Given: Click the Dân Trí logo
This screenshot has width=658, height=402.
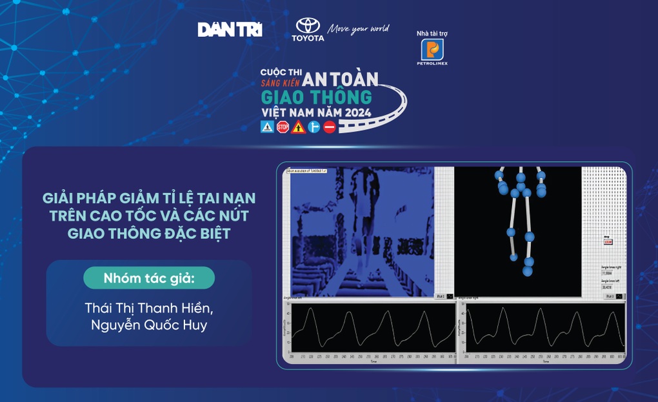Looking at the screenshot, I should click(x=230, y=29).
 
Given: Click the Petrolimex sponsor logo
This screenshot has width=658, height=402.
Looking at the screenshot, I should click(x=432, y=51).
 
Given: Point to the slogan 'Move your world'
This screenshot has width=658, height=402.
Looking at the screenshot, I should click(x=358, y=29).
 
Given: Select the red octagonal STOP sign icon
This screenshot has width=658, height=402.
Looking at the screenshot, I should click(x=283, y=126).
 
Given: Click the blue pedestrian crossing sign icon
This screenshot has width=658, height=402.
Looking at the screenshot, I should click(x=267, y=126).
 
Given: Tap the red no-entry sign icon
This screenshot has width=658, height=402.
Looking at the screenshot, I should click(x=330, y=126).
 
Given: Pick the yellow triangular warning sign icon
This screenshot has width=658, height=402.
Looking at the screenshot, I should click(x=298, y=126).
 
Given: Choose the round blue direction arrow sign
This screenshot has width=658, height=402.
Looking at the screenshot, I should click(x=314, y=126).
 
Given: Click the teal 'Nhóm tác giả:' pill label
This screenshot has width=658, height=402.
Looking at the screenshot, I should click(x=149, y=278).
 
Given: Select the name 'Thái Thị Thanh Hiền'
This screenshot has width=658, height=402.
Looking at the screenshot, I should click(x=149, y=308).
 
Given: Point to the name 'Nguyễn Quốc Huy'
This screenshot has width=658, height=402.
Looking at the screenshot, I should click(x=149, y=325).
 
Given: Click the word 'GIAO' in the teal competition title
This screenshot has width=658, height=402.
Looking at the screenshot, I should click(x=285, y=97).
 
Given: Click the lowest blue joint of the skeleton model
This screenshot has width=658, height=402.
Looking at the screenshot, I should click(x=528, y=272).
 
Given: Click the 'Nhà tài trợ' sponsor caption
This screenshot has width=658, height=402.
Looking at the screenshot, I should click(x=432, y=34).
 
